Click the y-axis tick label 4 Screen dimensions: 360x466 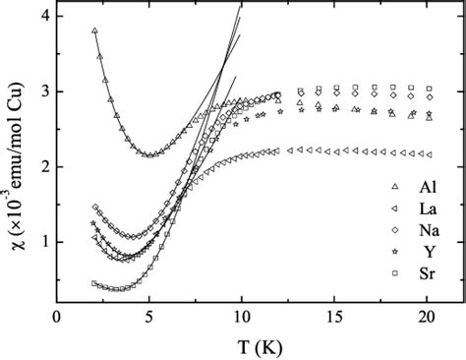[43, 17]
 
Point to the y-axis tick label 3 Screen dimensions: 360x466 [43, 91]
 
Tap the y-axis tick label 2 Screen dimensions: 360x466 [43, 167]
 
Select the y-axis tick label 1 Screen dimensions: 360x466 [43, 243]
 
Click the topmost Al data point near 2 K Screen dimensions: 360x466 [94, 31]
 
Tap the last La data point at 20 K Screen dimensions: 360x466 [427, 154]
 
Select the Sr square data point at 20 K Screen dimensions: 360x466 [427, 88]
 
